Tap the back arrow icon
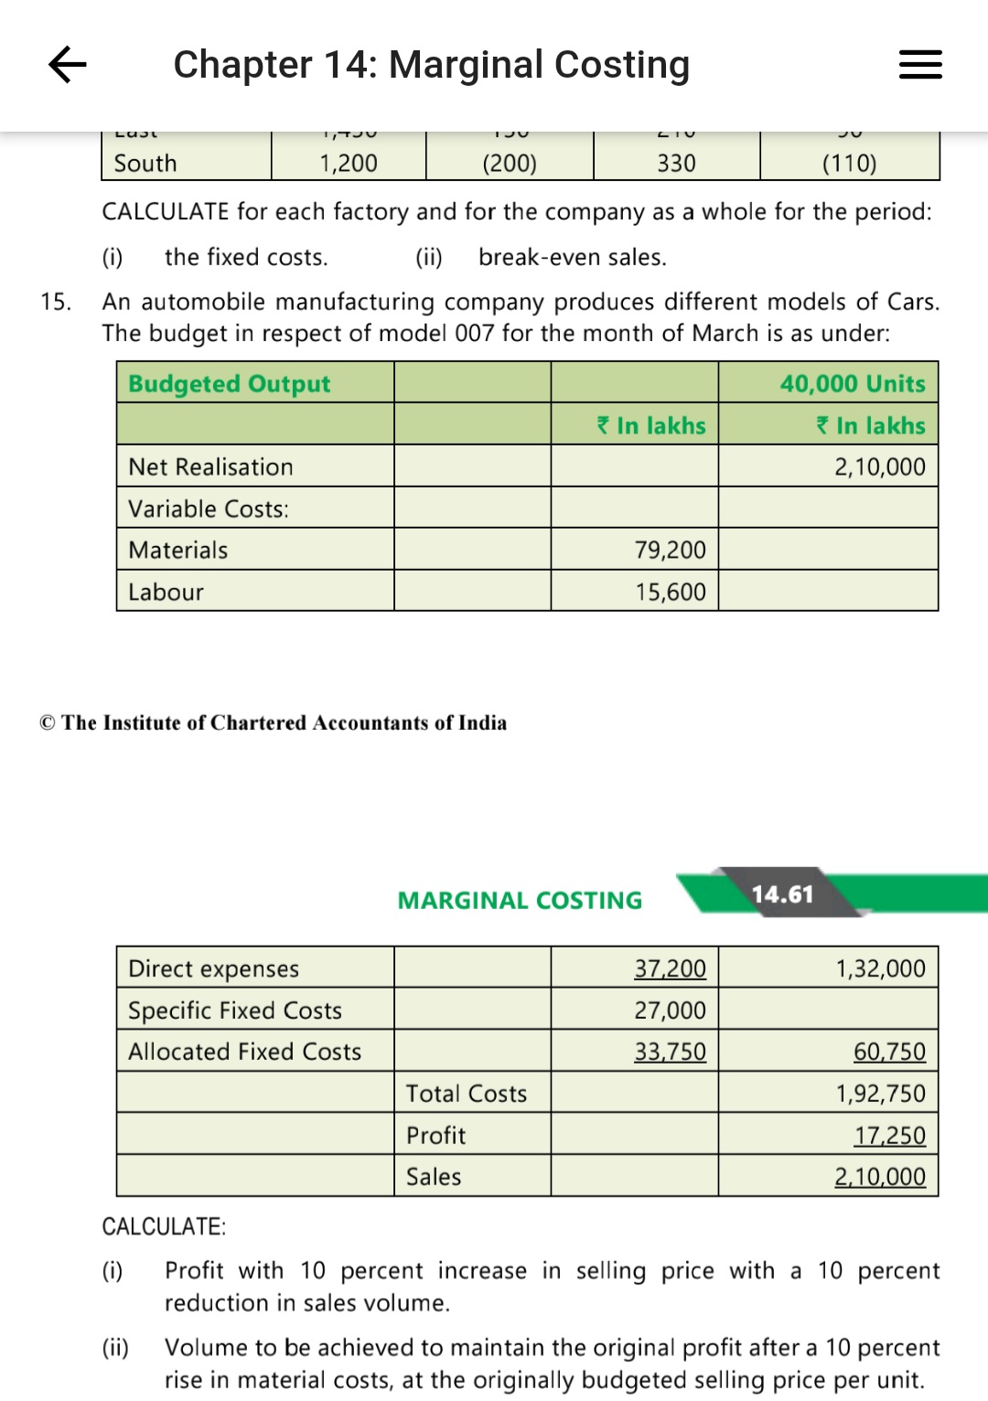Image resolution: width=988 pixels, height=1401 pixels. click(68, 64)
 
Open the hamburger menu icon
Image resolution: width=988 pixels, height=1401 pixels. click(920, 65)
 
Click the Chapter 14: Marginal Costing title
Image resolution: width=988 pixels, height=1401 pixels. click(431, 65)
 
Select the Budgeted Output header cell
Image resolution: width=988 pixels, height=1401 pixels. click(229, 384)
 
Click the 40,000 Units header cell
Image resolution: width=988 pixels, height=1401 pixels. click(852, 384)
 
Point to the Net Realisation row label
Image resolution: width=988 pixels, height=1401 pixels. click(210, 467)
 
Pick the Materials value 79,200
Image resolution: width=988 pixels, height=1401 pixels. click(670, 551)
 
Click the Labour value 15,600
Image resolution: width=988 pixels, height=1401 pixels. click(671, 593)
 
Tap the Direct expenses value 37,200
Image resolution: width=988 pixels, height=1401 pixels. click(670, 968)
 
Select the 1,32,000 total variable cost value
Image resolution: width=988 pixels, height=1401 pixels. click(880, 968)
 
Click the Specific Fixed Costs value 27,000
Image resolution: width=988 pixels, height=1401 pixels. click(670, 1011)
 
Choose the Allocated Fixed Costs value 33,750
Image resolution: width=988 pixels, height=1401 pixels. click(670, 1052)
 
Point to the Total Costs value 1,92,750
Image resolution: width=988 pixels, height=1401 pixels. click(880, 1094)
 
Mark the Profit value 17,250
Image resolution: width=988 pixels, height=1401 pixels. click(889, 1136)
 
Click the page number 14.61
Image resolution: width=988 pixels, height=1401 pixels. click(782, 893)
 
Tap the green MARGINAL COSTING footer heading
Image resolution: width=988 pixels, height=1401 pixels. click(520, 901)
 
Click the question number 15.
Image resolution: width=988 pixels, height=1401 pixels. click(55, 302)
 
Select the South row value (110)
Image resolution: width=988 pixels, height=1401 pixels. click(849, 164)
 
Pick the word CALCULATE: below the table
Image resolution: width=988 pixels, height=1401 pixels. click(164, 1226)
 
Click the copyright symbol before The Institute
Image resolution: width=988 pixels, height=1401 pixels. click(48, 723)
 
